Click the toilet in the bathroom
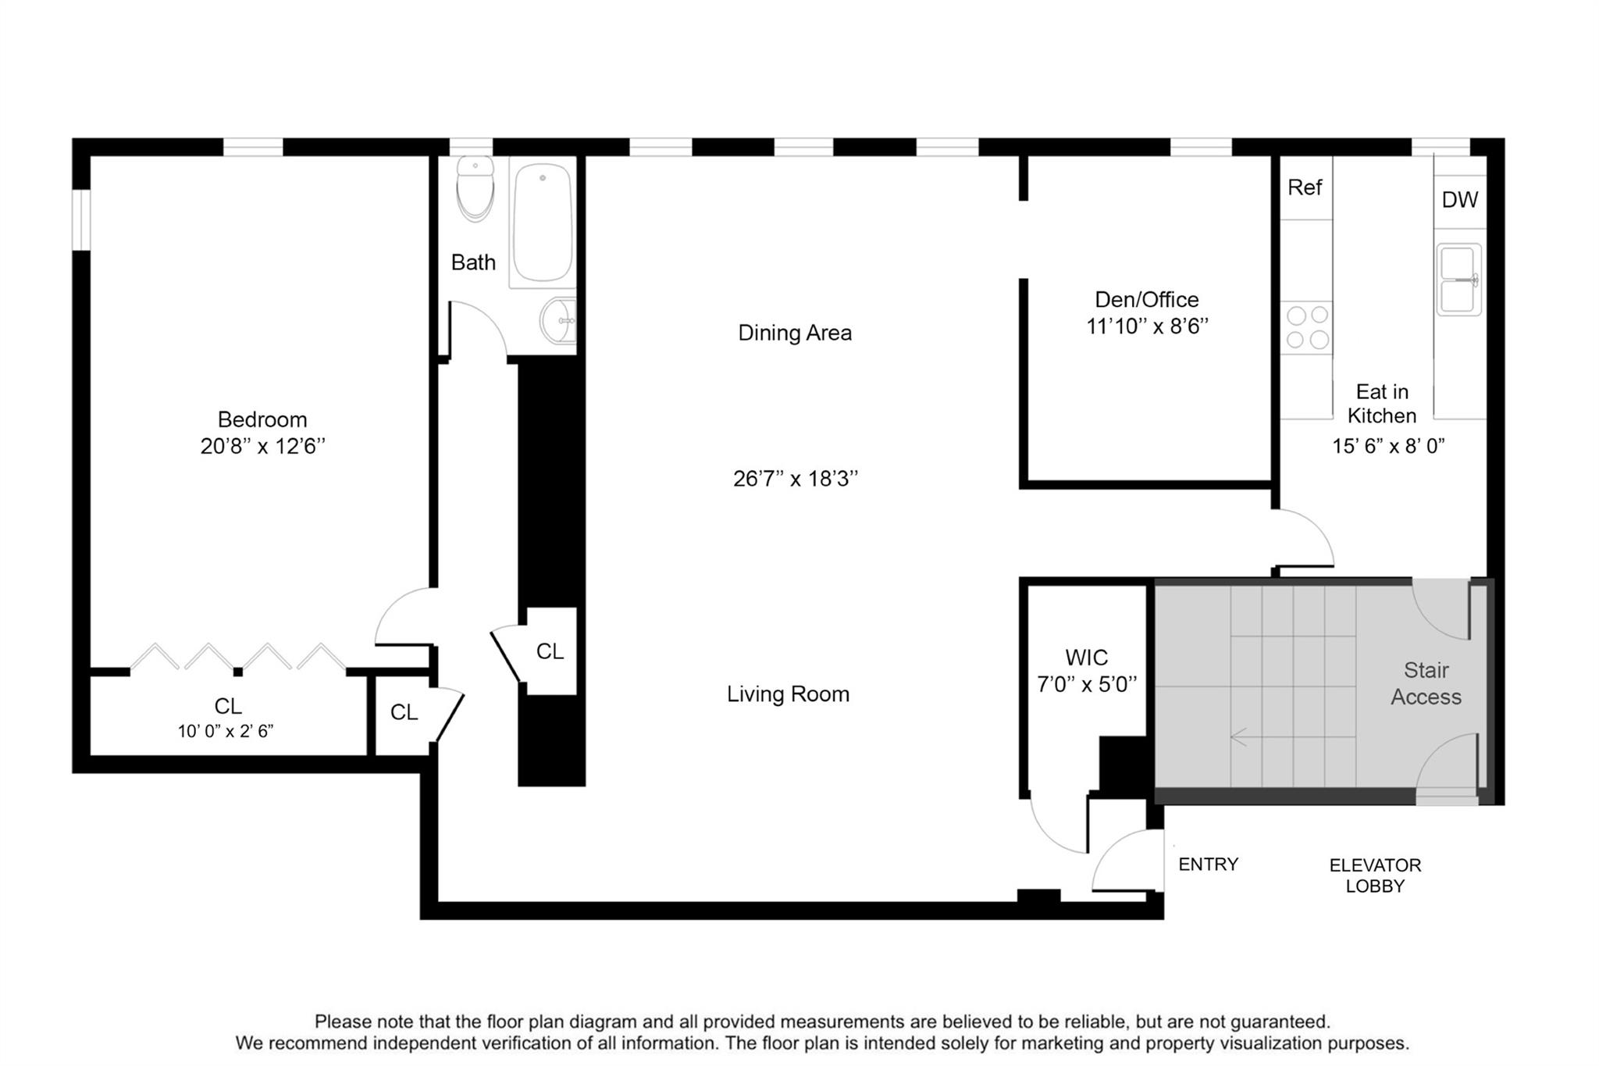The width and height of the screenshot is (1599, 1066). (x=475, y=188)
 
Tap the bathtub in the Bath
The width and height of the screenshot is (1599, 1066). (x=542, y=223)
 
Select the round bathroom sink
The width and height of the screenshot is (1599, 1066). (x=557, y=320)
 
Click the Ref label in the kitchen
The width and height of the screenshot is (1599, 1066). (x=1305, y=187)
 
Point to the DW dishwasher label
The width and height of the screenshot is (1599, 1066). (x=1459, y=200)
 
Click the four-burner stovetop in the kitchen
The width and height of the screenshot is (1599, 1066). (x=1307, y=327)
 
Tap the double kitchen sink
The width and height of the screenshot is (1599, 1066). (x=1459, y=280)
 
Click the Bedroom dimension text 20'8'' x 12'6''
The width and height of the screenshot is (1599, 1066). (x=262, y=447)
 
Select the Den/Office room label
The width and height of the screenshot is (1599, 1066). (x=1147, y=300)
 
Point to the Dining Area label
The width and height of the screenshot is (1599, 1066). (x=795, y=333)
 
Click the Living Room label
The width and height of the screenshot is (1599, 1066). (x=788, y=694)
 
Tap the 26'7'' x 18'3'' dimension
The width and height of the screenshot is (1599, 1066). (x=796, y=479)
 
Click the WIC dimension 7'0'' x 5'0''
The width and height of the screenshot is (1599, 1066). (x=1087, y=685)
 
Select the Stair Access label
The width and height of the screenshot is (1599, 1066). (x=1426, y=683)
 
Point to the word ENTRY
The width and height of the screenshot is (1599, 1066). (x=1209, y=865)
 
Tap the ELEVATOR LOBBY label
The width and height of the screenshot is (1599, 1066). (x=1375, y=875)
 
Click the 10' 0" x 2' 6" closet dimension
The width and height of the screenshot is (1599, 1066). (x=226, y=732)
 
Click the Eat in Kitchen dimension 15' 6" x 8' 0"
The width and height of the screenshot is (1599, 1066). (x=1388, y=446)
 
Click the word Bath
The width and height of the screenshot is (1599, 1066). (x=473, y=262)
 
